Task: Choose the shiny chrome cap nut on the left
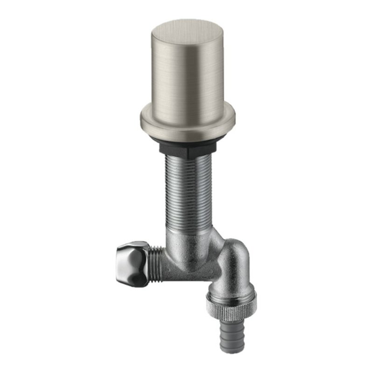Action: tap(133, 263)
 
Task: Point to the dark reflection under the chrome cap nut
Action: tap(133, 280)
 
